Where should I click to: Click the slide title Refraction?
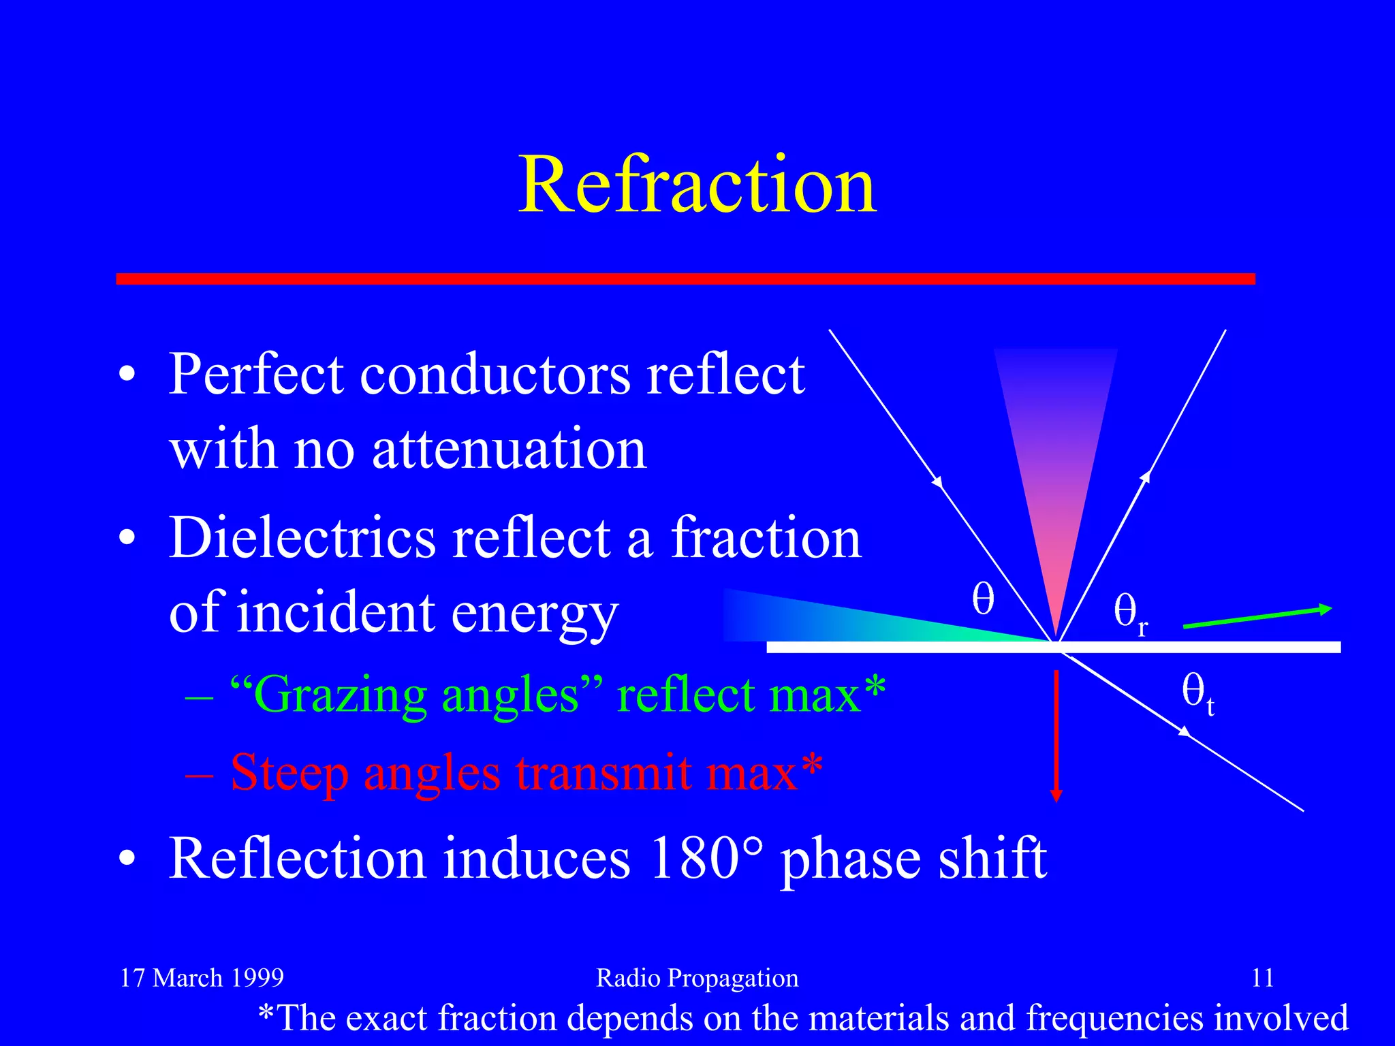pyautogui.click(x=697, y=185)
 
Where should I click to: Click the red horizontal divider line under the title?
pyautogui.click(x=685, y=279)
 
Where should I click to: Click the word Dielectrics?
pyautogui.click(x=302, y=538)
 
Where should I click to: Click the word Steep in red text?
pyautogui.click(x=289, y=774)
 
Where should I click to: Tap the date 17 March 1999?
pyautogui.click(x=202, y=978)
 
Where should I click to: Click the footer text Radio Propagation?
pyautogui.click(x=697, y=978)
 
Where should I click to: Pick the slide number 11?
pyautogui.click(x=1263, y=978)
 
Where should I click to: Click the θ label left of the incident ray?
pyautogui.click(x=982, y=599)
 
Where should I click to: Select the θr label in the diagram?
pyautogui.click(x=1129, y=611)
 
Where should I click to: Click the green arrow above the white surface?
pyautogui.click(x=1257, y=617)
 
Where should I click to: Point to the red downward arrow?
pyautogui.click(x=1056, y=735)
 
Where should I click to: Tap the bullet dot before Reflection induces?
pyautogui.click(x=127, y=859)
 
